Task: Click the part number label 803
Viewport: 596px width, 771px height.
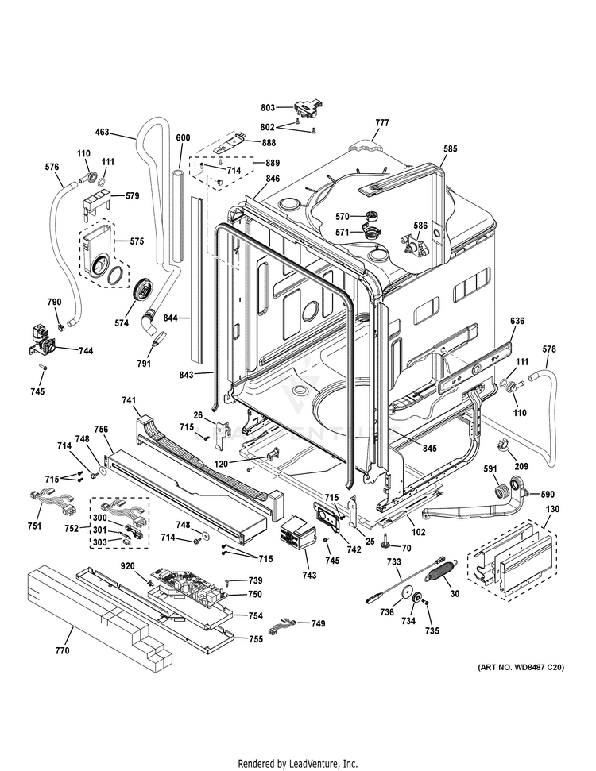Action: coord(267,108)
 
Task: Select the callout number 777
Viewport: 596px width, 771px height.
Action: coord(382,123)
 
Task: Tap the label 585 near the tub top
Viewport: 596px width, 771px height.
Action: coord(451,148)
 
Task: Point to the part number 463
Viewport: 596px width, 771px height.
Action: coord(103,133)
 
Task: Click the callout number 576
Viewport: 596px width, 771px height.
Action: coord(52,167)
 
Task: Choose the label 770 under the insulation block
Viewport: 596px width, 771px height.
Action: coord(62,651)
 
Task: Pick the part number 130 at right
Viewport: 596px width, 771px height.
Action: coord(553,508)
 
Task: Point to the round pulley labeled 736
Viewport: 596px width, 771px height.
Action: coord(408,594)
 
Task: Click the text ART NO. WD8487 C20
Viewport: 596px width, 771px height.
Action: coord(521,668)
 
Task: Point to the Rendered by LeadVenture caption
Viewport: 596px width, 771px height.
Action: coord(298,764)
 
